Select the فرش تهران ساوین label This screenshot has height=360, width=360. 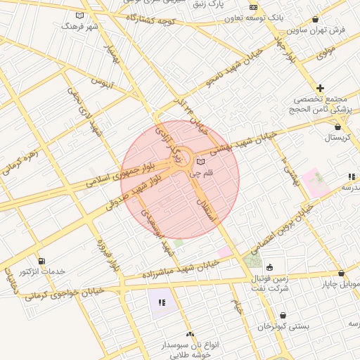click(x=333, y=30)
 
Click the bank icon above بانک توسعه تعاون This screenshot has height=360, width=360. click(x=253, y=8)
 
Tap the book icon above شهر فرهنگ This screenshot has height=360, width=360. click(x=79, y=15)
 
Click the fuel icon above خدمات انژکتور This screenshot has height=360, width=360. click(x=42, y=261)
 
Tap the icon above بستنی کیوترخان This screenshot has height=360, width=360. click(x=283, y=316)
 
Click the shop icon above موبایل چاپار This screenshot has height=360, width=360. click(x=341, y=273)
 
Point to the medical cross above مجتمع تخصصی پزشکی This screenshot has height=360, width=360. click(x=320, y=88)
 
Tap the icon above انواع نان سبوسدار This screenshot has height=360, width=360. click(x=190, y=335)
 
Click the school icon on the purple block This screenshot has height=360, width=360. click(x=162, y=303)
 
